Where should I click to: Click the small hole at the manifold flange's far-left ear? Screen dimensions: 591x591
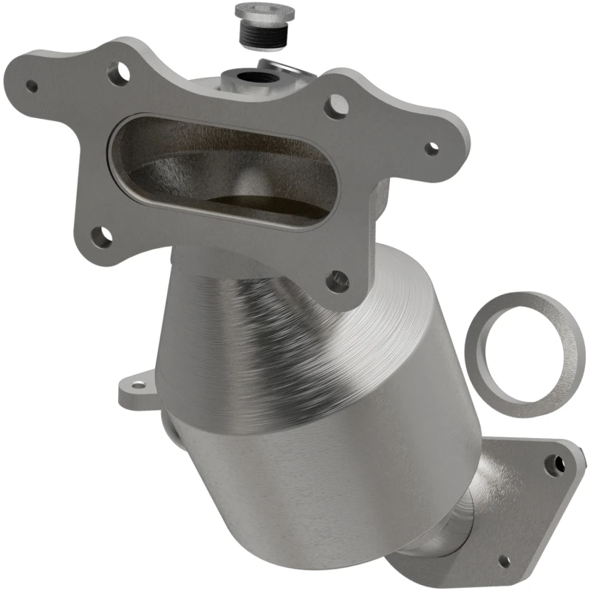32,86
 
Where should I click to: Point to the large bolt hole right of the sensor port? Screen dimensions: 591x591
337,105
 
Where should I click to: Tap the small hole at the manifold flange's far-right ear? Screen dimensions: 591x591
432,147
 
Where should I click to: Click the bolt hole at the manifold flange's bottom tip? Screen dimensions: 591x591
338,279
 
